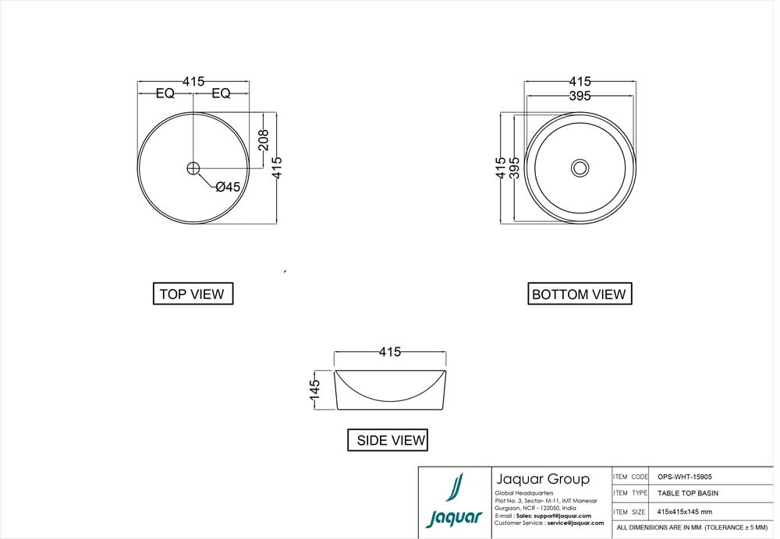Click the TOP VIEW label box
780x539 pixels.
coord(192,294)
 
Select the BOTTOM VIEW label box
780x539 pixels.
coord(579,294)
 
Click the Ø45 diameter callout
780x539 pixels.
coord(227,187)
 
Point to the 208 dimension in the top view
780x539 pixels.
coord(264,140)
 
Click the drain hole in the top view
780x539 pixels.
coord(193,167)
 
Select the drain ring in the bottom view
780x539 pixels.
coord(580,167)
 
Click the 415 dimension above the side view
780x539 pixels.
coord(390,352)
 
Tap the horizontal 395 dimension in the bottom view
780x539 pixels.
coord(580,96)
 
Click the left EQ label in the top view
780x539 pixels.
coord(165,93)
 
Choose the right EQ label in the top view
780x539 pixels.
coord(221,93)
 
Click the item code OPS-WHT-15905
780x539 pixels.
coord(684,477)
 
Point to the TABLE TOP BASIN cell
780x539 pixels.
coord(687,493)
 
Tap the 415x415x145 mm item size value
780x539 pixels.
coord(684,512)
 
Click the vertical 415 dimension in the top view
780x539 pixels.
coord(277,167)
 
